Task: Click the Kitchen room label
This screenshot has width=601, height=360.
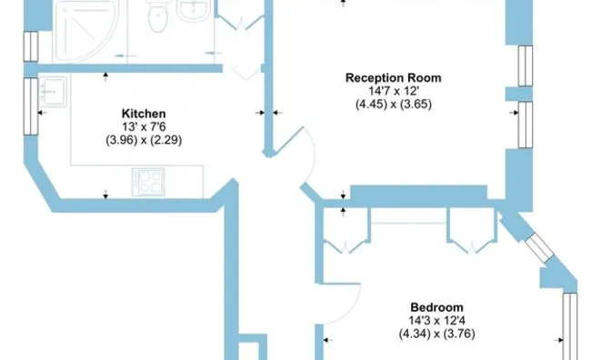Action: click(x=144, y=114)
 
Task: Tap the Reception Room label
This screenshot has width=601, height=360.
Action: click(x=394, y=78)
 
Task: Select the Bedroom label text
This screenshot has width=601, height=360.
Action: click(x=436, y=307)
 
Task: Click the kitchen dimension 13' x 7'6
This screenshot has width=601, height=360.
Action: click(x=144, y=126)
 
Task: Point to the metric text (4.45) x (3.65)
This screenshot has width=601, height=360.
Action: click(x=394, y=105)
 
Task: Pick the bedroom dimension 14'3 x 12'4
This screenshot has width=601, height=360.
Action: click(x=437, y=321)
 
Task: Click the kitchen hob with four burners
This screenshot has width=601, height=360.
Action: click(x=148, y=182)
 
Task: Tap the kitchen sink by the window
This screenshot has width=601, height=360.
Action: click(x=54, y=92)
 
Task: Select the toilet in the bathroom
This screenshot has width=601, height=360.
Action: click(x=157, y=15)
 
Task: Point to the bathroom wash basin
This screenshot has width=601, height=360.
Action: click(x=193, y=10)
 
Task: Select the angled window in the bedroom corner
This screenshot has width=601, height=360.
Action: click(x=540, y=247)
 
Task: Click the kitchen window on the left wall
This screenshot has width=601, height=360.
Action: click(x=31, y=106)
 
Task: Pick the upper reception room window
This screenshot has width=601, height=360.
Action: click(x=526, y=66)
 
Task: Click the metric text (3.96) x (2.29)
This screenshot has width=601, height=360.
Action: click(x=144, y=140)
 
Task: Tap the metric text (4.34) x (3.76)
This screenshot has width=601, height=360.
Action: click(x=437, y=334)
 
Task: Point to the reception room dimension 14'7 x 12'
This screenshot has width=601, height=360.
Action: click(x=394, y=91)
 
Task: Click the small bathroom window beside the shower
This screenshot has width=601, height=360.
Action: click(x=31, y=46)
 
